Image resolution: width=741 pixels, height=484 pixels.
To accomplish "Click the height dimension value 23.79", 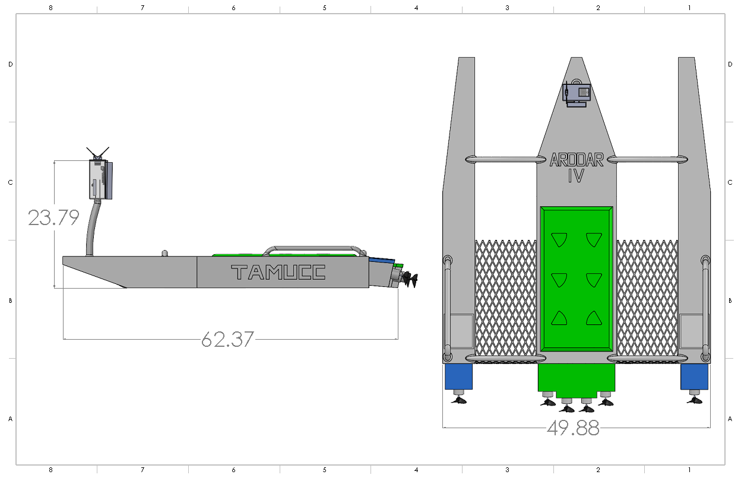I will point(53,218).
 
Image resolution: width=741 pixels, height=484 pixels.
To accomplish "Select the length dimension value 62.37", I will point(227,340).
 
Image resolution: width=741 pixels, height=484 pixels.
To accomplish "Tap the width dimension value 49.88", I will point(573,428).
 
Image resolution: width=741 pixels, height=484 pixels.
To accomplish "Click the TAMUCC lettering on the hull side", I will point(278,273).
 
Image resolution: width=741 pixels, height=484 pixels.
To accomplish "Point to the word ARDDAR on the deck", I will point(576,160).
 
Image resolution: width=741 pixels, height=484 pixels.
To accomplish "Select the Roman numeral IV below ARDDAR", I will point(575,176).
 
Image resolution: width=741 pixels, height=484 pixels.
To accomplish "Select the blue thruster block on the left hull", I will point(458,377).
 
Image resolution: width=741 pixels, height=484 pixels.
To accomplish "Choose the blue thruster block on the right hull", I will point(694,377).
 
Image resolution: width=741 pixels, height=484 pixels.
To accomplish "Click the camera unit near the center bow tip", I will point(576,94).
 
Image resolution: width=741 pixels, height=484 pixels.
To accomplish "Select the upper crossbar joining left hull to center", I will point(505,159).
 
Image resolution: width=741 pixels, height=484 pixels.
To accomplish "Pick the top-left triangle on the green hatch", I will point(559,239).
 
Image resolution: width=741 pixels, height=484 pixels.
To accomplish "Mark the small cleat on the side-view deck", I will point(164,254).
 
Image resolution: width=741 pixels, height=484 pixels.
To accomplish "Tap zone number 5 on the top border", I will point(325,8).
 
